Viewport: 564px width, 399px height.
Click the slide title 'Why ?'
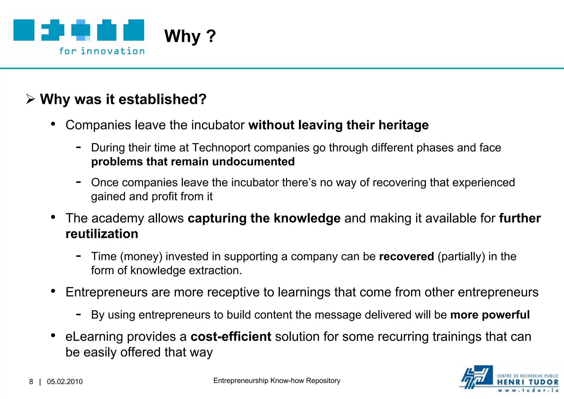tap(190, 36)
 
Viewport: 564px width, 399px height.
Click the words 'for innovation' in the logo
tap(102, 51)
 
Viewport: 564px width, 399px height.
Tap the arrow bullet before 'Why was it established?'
tap(30, 99)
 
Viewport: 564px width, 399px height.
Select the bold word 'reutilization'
tap(102, 234)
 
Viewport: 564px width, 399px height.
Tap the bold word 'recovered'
tap(406, 257)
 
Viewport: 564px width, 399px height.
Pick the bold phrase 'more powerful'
tap(490, 315)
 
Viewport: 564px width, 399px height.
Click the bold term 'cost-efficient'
tap(231, 337)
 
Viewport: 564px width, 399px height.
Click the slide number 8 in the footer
tap(31, 382)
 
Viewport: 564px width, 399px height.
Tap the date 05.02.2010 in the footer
tap(65, 382)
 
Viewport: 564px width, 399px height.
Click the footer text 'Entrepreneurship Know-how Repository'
tap(277, 381)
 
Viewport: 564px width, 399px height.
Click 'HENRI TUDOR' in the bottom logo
tap(528, 382)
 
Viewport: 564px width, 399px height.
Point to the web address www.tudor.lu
tap(528, 390)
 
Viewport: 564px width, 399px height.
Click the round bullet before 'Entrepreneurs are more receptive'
tap(53, 291)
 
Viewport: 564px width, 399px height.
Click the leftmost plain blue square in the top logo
tap(24, 30)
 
